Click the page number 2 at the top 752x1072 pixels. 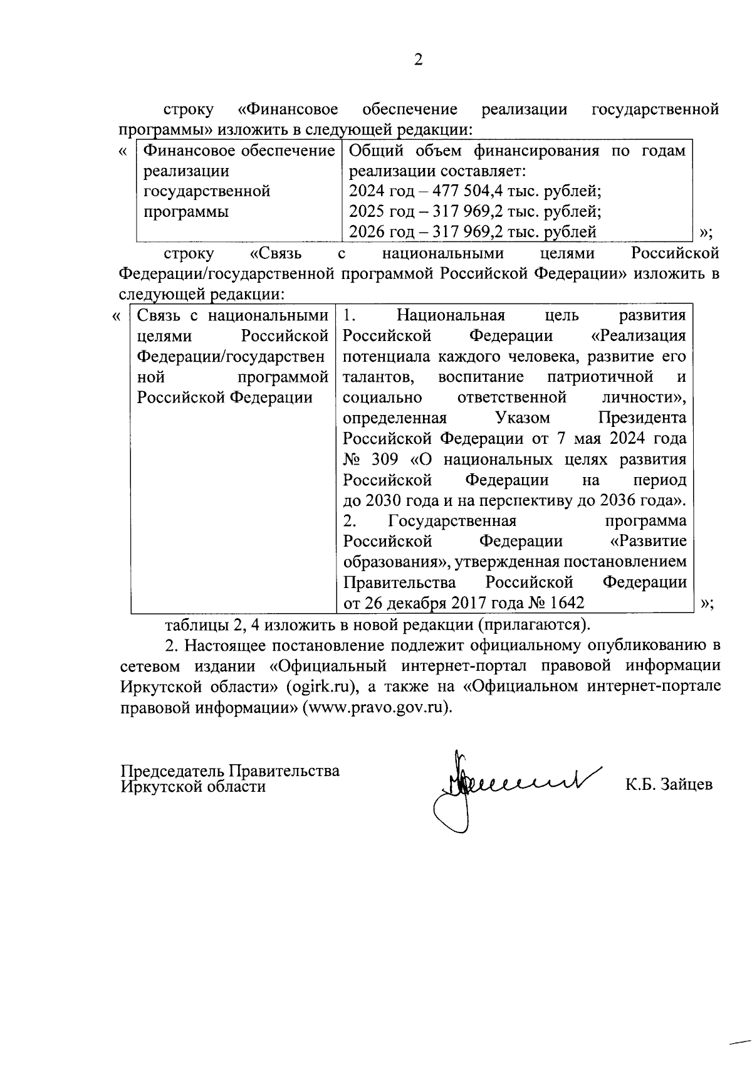(x=418, y=60)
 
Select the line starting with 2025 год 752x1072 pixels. (x=475, y=211)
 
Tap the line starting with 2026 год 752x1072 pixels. (x=472, y=232)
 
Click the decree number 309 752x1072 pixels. (x=384, y=460)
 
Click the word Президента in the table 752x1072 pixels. (x=642, y=418)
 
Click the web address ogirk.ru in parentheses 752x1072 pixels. (x=321, y=686)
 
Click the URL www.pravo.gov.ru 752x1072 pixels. (x=375, y=707)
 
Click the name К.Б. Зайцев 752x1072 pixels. (x=669, y=784)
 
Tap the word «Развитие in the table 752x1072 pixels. (x=647, y=541)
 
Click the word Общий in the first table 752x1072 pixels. (x=373, y=151)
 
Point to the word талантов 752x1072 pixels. (x=378, y=377)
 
